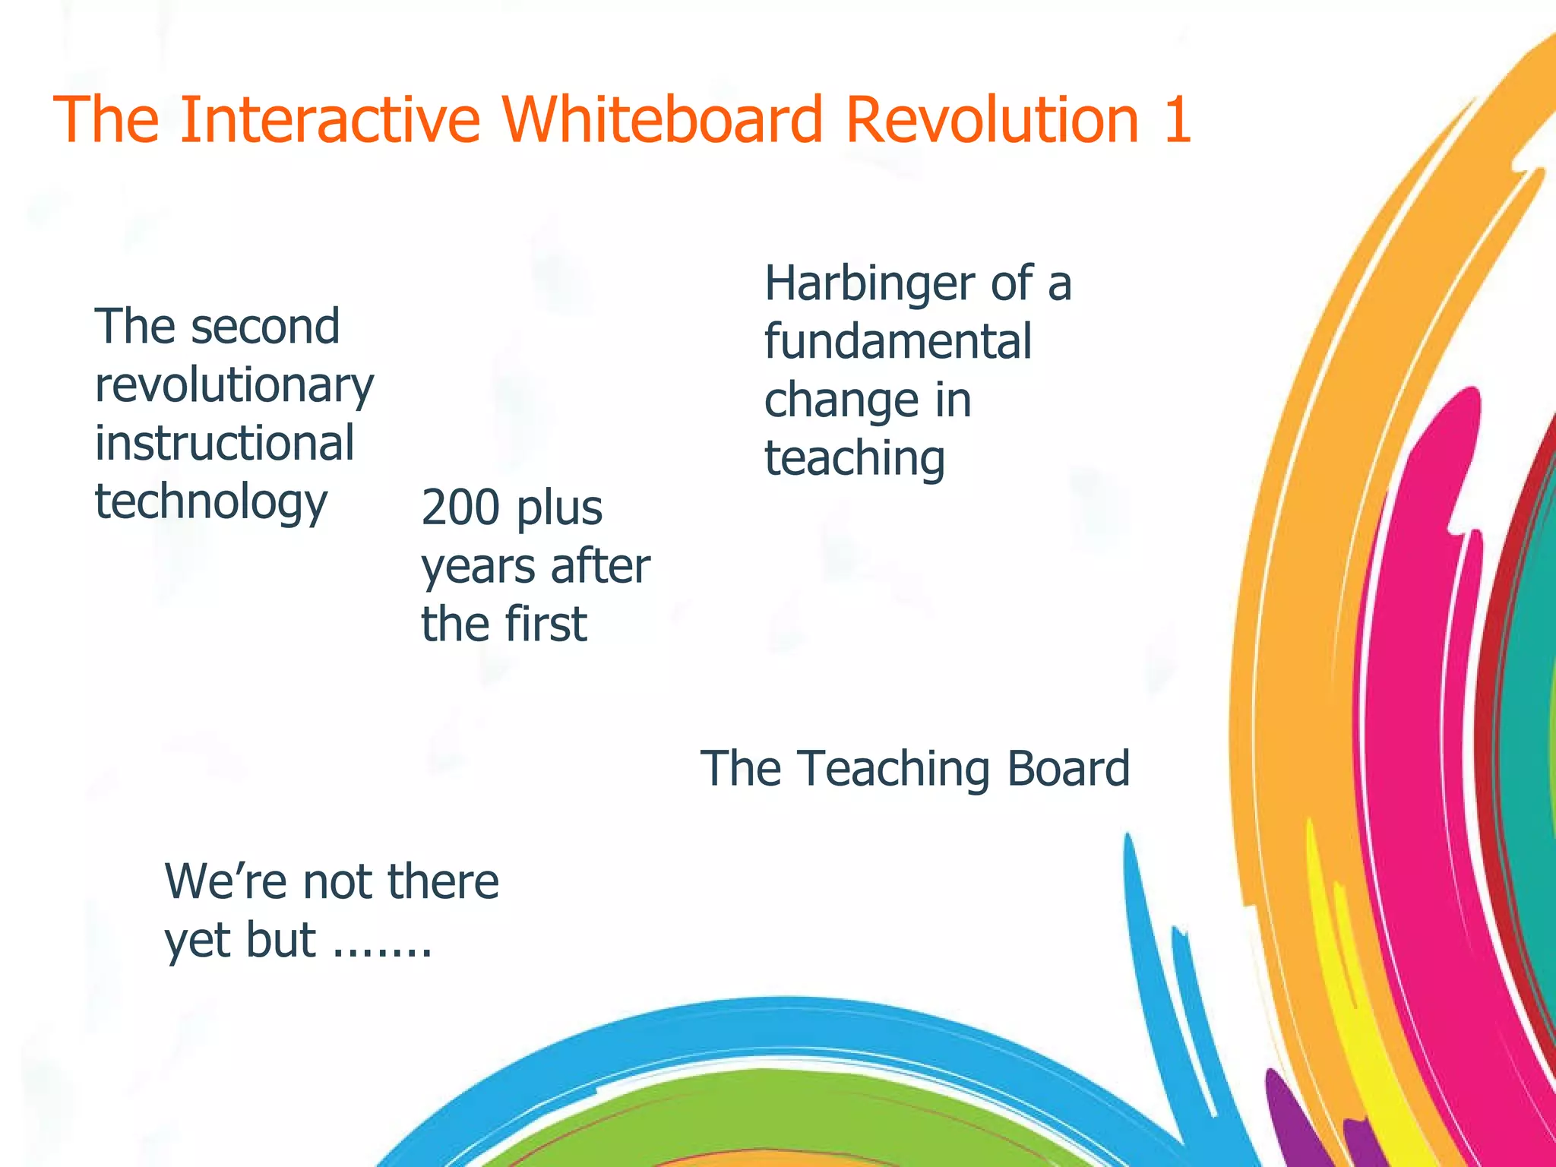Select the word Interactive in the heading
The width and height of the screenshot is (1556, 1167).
click(x=330, y=119)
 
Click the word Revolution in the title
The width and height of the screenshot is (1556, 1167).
click(x=991, y=119)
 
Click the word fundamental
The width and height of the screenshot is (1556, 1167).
click(x=897, y=341)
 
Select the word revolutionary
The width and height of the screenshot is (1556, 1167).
click(x=233, y=387)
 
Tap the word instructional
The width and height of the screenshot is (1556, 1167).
click(x=224, y=444)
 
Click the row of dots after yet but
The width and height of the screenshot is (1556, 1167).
click(x=383, y=950)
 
